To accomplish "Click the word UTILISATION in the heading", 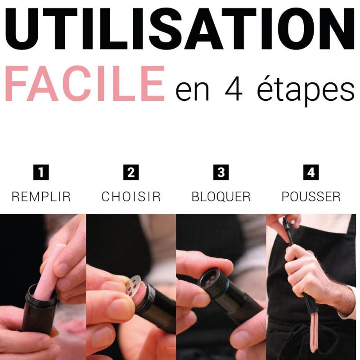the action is pos(180,28).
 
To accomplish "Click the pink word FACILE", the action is pos(85,84).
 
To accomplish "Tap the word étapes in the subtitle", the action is pos(306,90).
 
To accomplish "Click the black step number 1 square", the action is pos(41,172).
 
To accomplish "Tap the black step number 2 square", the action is pos(131,172).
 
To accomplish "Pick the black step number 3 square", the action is pos(221,172).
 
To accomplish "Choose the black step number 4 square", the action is pos(311,172).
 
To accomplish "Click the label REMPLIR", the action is pos(41,197).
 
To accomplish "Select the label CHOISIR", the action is pos(131,197).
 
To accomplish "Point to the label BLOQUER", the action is pos(221,197).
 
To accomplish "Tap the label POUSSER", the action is pos(311,197).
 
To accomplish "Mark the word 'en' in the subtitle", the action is pos(193,91).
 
